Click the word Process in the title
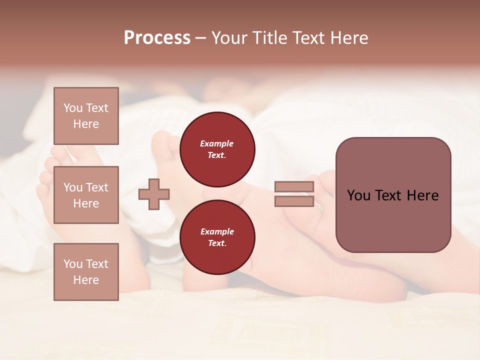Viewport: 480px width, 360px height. click(x=157, y=38)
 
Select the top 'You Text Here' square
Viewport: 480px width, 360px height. click(x=86, y=116)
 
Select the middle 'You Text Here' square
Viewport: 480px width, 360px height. click(x=86, y=195)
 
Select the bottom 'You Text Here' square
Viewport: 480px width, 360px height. click(x=86, y=271)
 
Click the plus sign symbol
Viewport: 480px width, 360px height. click(x=154, y=194)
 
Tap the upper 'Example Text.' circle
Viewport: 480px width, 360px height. click(x=217, y=149)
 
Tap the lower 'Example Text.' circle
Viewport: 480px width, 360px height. click(x=217, y=237)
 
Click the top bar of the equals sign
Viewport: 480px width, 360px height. click(x=294, y=187)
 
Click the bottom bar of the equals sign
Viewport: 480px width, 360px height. click(x=294, y=201)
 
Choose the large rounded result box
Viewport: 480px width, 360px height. click(x=393, y=195)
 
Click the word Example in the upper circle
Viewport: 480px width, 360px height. click(x=217, y=143)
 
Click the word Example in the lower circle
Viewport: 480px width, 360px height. click(x=217, y=231)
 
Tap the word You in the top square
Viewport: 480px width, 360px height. click(x=73, y=108)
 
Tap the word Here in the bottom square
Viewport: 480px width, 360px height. click(x=86, y=280)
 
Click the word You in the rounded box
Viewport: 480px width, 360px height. click(x=358, y=195)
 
